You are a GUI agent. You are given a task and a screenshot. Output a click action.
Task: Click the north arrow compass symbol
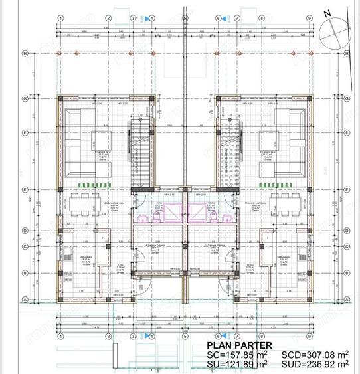(x=332, y=27)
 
